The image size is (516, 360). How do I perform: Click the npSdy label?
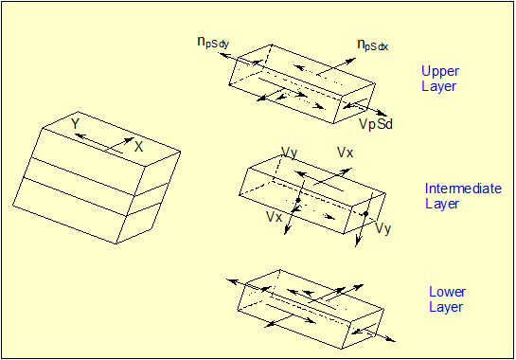pos(213,43)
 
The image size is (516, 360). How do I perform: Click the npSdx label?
pos(373,45)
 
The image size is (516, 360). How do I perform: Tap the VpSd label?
pos(376,124)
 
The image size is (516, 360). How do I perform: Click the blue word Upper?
pos(440,71)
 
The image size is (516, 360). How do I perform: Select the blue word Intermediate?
pos(463,189)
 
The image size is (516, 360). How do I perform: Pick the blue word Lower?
pos(447,292)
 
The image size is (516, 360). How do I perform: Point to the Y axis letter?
pos(76,124)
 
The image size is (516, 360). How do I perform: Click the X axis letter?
pos(139,146)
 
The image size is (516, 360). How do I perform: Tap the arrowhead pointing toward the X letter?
pos(129,140)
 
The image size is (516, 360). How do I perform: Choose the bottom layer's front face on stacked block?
pos(70,211)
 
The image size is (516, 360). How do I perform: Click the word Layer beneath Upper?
pos(439,86)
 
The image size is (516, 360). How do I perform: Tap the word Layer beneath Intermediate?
pos(442,204)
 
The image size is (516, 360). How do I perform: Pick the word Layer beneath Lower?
pos(446,307)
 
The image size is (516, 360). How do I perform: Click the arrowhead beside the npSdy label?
pos(222,55)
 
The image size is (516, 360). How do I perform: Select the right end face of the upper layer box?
pos(354,103)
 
